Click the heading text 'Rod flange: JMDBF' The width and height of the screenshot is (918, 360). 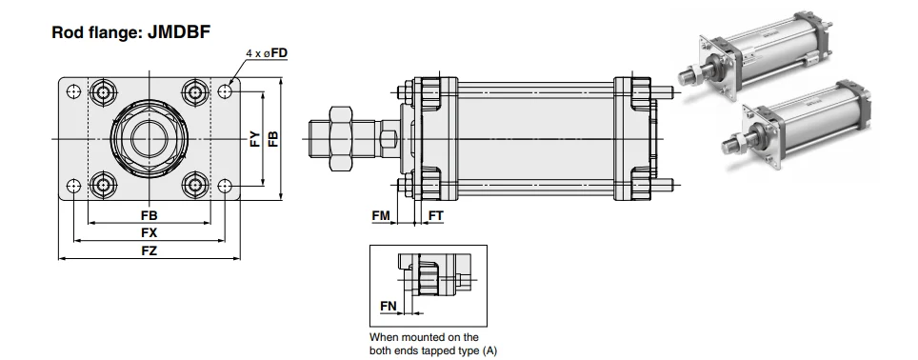pyautogui.click(x=130, y=32)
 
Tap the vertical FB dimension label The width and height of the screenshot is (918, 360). pyautogui.click(x=274, y=139)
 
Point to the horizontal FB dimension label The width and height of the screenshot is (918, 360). pyautogui.click(x=149, y=216)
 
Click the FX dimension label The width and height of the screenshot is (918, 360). pyautogui.click(x=149, y=233)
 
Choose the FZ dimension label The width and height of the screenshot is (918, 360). pyautogui.click(x=149, y=250)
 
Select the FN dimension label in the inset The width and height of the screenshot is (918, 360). pyautogui.click(x=388, y=305)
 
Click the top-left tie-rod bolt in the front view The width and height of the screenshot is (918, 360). pyautogui.click(x=101, y=93)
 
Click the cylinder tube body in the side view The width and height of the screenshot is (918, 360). pyautogui.click(x=533, y=139)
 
